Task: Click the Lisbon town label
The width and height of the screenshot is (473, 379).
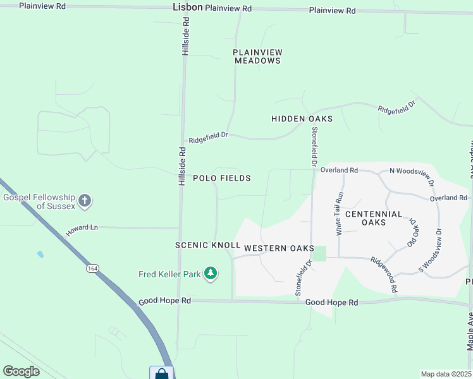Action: pyautogui.click(x=187, y=8)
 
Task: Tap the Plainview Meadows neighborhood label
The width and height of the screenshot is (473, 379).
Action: pyautogui.click(x=257, y=56)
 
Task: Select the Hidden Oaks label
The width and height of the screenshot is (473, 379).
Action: pyautogui.click(x=302, y=119)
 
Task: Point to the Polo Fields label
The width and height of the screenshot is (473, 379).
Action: pyautogui.click(x=221, y=178)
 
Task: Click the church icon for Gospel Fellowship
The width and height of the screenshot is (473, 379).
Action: pyautogui.click(x=85, y=202)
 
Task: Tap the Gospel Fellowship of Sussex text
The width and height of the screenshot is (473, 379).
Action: pyautogui.click(x=39, y=202)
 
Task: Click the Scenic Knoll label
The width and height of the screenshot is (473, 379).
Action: pyautogui.click(x=208, y=245)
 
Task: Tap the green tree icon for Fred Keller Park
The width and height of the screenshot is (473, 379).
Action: pyautogui.click(x=211, y=274)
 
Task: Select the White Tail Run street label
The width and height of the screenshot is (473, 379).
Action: pyautogui.click(x=340, y=214)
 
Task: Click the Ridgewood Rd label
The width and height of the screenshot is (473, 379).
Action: pyautogui.click(x=384, y=274)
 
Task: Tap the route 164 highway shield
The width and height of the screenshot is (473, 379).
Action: pyautogui.click(x=93, y=268)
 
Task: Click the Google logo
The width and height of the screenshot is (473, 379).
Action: pyautogui.click(x=21, y=371)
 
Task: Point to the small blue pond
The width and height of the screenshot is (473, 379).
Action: pyautogui.click(x=40, y=255)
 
